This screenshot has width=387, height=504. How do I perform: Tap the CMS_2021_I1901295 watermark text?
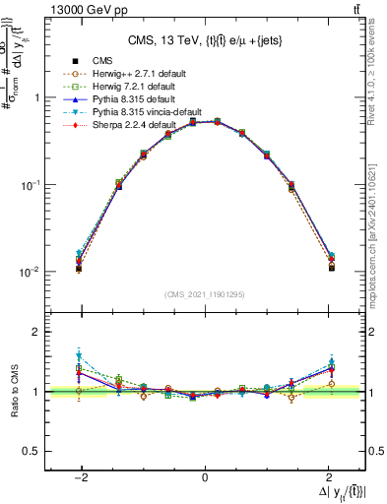click(x=204, y=294)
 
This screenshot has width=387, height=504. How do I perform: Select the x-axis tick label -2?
click(x=82, y=477)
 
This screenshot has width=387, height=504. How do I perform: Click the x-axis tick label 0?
click(x=204, y=477)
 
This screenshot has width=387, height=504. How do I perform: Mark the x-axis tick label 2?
click(x=326, y=477)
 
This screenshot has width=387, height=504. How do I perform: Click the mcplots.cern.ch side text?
click(x=378, y=231)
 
